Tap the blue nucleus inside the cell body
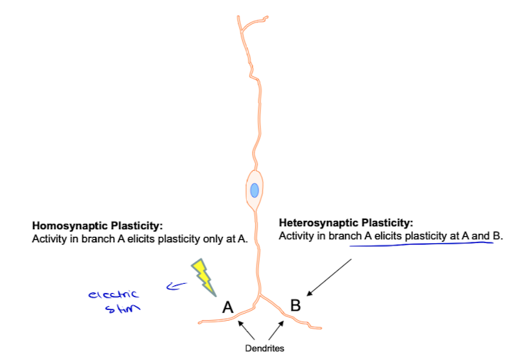pos(254,190)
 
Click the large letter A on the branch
pos(228,307)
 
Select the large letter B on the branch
pos(296,305)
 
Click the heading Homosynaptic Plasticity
pos(97,226)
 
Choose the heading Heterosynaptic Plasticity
pos(347,222)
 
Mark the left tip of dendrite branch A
pos(199,322)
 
